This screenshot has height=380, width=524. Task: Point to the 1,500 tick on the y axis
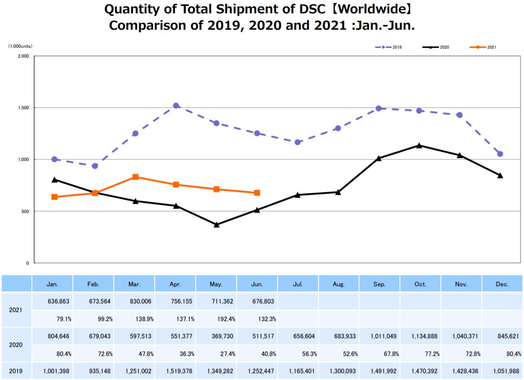[x=23, y=108]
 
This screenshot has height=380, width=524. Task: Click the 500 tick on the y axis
[x=25, y=211]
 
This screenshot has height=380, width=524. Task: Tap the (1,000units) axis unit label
[x=20, y=46]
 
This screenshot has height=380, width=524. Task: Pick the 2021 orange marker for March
[x=135, y=177]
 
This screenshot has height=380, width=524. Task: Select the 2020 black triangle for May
[x=216, y=224]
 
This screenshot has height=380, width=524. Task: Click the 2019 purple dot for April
[x=176, y=105]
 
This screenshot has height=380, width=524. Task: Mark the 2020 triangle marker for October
[x=419, y=145]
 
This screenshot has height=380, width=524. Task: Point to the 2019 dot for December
[x=500, y=154]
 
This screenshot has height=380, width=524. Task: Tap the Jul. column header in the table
[x=298, y=284]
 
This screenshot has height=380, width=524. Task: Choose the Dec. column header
[x=502, y=284]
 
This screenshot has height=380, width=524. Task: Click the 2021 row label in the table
[x=16, y=310]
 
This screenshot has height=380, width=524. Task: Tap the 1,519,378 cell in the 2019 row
[x=175, y=371]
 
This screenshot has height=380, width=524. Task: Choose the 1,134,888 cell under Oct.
[x=421, y=336]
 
